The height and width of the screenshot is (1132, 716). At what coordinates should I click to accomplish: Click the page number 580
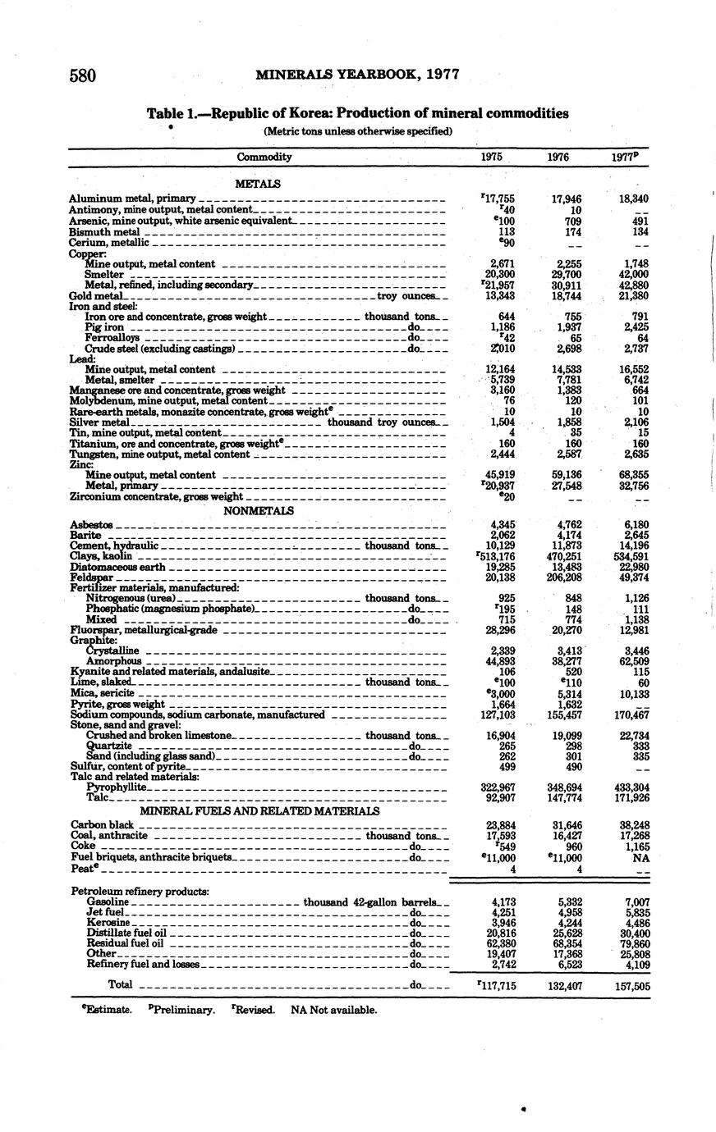pyautogui.click(x=83, y=75)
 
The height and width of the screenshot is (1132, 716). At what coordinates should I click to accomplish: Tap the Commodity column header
pyautogui.click(x=264, y=157)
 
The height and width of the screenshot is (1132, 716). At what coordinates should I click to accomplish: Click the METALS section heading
pyautogui.click(x=258, y=184)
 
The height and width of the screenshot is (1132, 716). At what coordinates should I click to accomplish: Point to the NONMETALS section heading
pyautogui.click(x=259, y=510)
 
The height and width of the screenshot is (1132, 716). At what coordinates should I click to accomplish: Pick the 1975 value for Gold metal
pyautogui.click(x=500, y=295)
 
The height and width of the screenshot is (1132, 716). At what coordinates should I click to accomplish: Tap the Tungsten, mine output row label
pyautogui.click(x=159, y=454)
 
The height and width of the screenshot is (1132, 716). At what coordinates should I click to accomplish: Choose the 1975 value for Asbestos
pyautogui.click(x=501, y=524)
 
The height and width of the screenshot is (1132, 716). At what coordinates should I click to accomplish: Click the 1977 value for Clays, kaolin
pyautogui.click(x=629, y=556)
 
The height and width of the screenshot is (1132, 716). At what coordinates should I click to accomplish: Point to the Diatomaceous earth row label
pyautogui.click(x=118, y=567)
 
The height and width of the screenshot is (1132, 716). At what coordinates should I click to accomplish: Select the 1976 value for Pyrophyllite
pyautogui.click(x=563, y=787)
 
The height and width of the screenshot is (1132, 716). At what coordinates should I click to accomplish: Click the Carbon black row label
pyautogui.click(x=102, y=824)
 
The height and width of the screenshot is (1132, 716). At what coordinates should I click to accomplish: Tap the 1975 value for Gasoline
pyautogui.click(x=501, y=901)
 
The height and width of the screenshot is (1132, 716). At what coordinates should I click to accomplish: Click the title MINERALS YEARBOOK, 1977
pyautogui.click(x=356, y=75)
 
